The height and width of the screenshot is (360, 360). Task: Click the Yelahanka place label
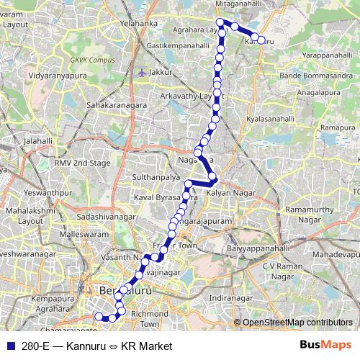139,23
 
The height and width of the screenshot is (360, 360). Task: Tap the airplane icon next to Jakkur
141,73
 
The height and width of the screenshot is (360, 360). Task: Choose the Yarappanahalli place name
329,55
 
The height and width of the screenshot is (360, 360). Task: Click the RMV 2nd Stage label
83,163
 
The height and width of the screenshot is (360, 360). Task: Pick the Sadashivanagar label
105,216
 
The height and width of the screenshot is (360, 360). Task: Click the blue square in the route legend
9,346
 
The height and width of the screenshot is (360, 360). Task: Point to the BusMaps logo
331,345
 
